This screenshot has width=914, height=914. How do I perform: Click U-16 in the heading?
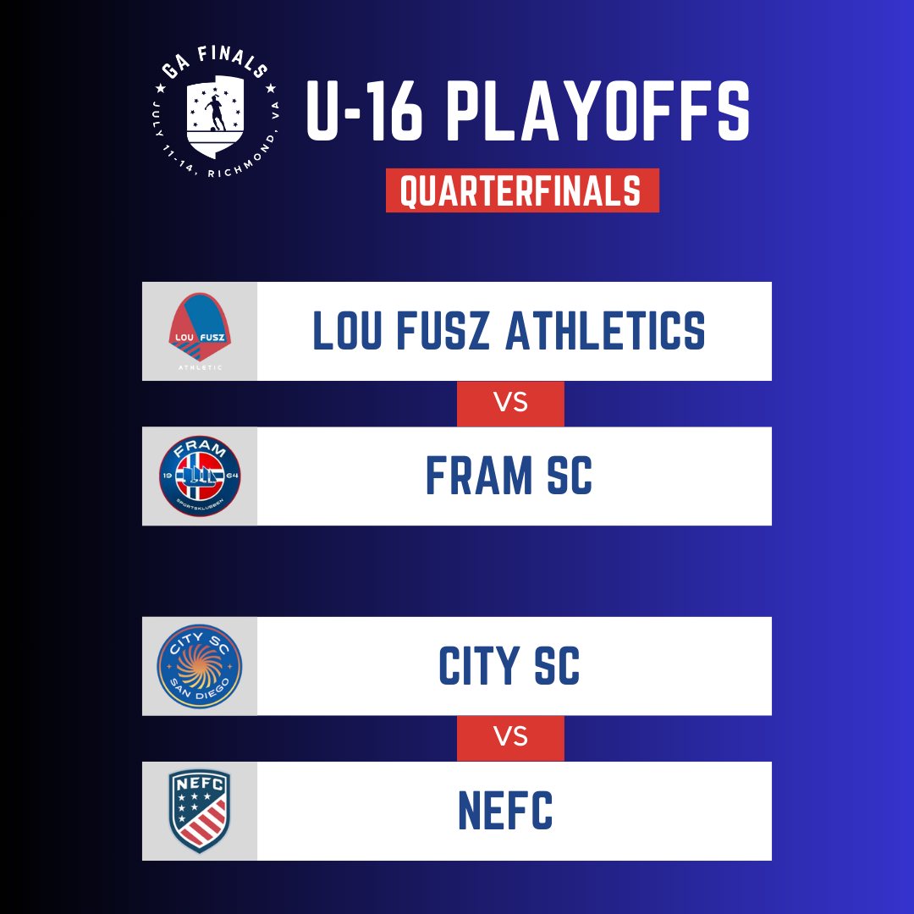(x=364, y=111)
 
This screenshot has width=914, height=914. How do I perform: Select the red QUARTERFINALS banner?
(x=522, y=190)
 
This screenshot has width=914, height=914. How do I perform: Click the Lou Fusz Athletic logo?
(x=200, y=331)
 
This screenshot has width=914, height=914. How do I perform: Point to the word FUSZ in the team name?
(x=443, y=331)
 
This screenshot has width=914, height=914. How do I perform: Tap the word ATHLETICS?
(x=605, y=331)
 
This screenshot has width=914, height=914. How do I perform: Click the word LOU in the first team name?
(x=348, y=331)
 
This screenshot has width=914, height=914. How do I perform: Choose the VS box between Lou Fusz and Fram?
(x=510, y=404)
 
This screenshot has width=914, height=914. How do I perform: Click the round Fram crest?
(x=200, y=476)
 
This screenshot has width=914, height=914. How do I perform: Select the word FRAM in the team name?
(x=479, y=476)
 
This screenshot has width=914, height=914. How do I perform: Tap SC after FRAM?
(x=570, y=476)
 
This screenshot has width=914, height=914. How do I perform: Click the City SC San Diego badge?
(x=200, y=666)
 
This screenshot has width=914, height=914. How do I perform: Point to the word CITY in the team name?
(x=479, y=666)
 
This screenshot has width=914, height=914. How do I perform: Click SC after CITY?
(x=557, y=666)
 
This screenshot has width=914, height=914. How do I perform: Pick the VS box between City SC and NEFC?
(x=510, y=737)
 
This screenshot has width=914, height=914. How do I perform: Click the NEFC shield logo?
(x=200, y=811)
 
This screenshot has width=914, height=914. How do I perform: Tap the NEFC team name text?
(x=505, y=810)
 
